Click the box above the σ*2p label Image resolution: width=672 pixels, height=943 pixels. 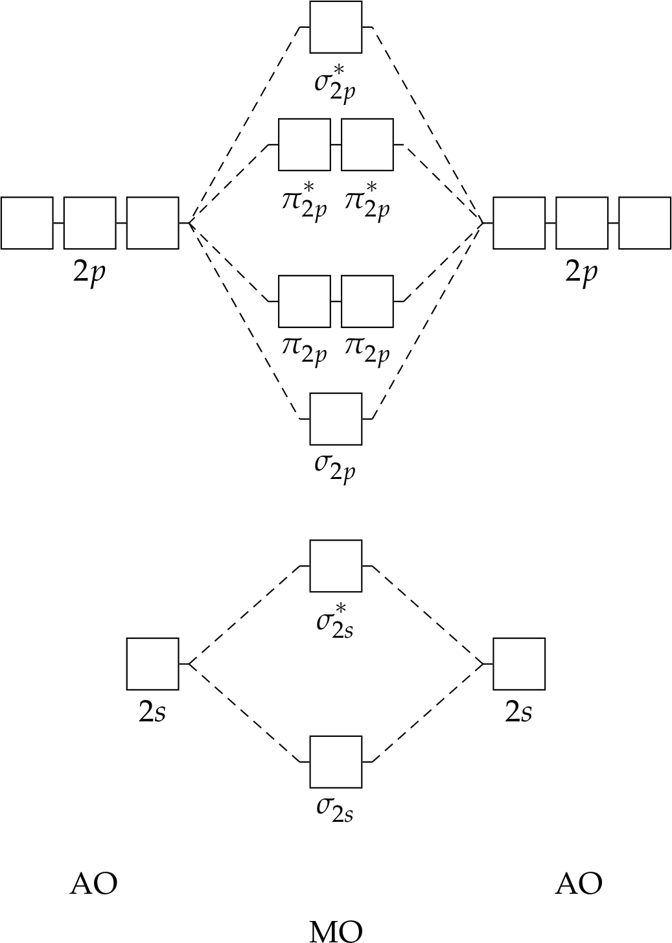(x=336, y=27)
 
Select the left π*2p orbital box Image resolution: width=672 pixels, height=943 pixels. (x=304, y=145)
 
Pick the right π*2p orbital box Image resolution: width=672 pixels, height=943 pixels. (x=367, y=145)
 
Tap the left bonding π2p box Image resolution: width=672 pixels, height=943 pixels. (x=304, y=301)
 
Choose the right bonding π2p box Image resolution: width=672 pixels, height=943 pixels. (x=367, y=301)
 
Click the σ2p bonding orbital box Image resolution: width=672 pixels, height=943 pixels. (x=336, y=419)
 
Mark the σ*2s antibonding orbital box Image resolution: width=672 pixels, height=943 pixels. (x=336, y=566)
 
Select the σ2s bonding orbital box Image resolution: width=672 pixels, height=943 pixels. (x=336, y=762)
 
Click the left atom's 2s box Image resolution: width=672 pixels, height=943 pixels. (x=152, y=664)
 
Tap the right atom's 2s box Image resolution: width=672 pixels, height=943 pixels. (x=518, y=664)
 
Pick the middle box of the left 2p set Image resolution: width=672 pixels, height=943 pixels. (x=89, y=223)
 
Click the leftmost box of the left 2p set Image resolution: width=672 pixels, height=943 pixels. (x=27, y=223)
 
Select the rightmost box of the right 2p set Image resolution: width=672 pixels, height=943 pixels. (x=644, y=223)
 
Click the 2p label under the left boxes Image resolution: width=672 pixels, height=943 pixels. (x=89, y=273)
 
